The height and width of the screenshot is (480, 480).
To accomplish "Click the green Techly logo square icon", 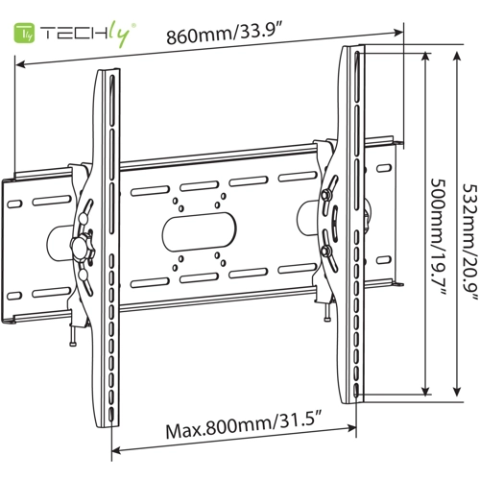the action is [x=23, y=33].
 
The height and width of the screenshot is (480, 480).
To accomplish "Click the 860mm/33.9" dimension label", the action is [x=224, y=34].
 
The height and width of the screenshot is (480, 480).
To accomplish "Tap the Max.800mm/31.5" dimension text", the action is [x=243, y=424].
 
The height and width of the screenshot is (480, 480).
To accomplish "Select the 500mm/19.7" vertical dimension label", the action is [x=438, y=237].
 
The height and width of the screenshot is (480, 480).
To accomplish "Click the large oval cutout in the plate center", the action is [x=199, y=231].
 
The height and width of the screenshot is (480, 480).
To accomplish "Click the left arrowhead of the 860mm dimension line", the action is [x=21, y=64].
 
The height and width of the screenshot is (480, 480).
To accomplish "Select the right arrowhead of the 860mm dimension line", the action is [x=398, y=32].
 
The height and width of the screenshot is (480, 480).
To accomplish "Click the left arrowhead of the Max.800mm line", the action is [x=116, y=451].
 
